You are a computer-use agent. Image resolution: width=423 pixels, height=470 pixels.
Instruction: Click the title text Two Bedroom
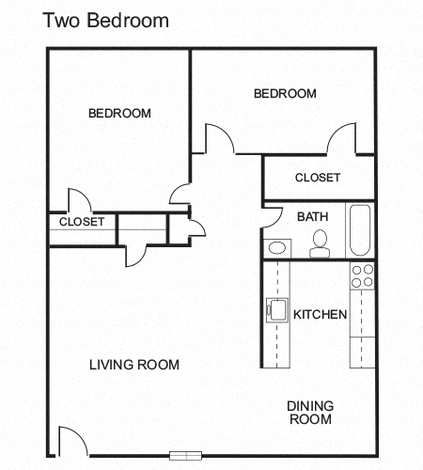pos(105,21)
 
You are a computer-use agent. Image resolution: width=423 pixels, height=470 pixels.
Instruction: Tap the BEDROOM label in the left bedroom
pos(119,114)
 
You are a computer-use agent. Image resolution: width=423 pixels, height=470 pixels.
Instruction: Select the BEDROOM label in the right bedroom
pos(285,93)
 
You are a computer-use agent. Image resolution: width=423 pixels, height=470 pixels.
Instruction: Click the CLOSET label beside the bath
pos(318,178)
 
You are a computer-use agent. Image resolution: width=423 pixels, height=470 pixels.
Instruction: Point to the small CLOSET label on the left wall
pos(82,223)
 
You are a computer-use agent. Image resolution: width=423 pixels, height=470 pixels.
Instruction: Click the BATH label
pos(312,216)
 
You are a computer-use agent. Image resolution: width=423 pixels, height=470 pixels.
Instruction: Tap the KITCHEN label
pos(321,314)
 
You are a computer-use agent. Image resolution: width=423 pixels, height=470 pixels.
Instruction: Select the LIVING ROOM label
pos(134,365)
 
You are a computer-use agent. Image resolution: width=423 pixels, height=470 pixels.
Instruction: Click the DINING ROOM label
pos(309,413)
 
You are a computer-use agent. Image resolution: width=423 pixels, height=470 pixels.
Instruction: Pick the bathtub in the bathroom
pos(361,230)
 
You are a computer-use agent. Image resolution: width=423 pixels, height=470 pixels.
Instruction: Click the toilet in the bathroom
pos(319,244)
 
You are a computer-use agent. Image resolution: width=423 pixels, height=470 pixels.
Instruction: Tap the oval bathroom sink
pos(276,248)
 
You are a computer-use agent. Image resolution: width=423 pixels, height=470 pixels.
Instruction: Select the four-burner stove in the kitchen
pos(362,275)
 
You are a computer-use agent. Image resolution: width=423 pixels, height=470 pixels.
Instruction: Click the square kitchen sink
pos(277,308)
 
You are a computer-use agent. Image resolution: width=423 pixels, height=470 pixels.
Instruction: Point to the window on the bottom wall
pos(185,456)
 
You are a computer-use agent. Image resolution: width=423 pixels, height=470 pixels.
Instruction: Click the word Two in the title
pos(59,21)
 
